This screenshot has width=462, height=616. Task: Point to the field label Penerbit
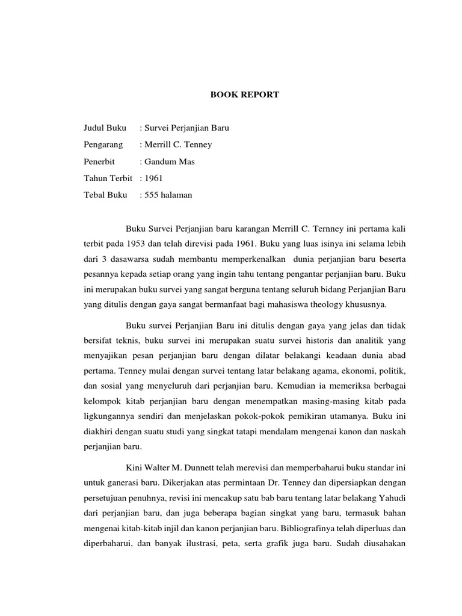tap(99, 161)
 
